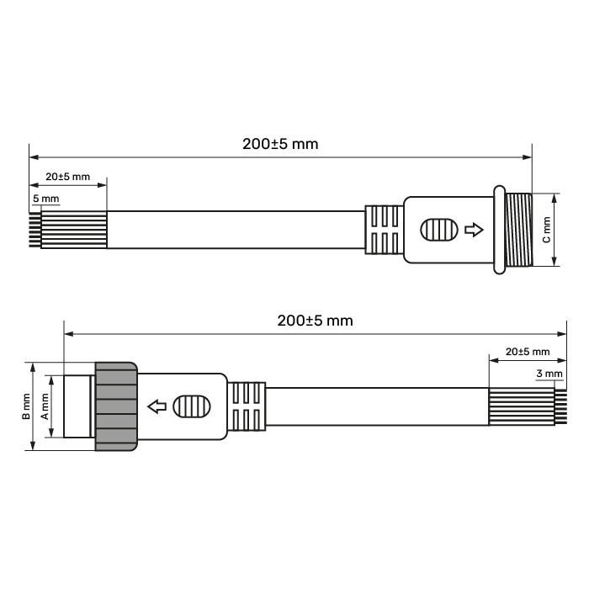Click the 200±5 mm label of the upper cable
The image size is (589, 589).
point(280,144)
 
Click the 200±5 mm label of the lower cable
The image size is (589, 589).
point(316,321)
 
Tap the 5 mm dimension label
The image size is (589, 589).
point(45,199)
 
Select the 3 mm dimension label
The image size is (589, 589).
point(549,374)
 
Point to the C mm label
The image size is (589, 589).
point(547,230)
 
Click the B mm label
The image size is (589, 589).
point(26,406)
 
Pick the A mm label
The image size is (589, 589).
point(45,406)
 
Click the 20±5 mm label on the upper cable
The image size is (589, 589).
point(68,177)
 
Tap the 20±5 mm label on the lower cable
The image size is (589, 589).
point(528,352)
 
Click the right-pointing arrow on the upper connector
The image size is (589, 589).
point(474,230)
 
